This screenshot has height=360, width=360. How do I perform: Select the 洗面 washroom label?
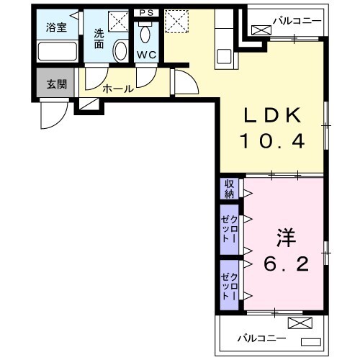point(99,37)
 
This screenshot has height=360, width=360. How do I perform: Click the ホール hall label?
point(117,89)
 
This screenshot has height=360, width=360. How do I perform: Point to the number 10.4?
point(274,142)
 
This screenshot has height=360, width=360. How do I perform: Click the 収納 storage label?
point(229,188)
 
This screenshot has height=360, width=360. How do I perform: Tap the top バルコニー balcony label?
point(295,20)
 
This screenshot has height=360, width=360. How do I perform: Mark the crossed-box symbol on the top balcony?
point(261,30)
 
